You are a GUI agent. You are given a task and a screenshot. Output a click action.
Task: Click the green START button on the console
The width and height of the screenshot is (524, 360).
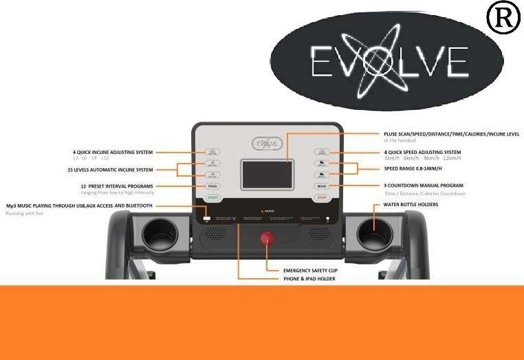pos(212,198)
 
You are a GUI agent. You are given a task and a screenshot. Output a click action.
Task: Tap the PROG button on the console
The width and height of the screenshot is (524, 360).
pos(212,185)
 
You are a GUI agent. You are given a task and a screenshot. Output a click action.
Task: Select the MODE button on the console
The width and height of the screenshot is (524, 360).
pos(321,185)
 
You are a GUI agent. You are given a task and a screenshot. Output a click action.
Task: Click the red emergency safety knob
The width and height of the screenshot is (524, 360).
pos(266,239)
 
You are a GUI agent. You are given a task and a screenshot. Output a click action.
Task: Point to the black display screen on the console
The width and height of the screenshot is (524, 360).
pos(267,175)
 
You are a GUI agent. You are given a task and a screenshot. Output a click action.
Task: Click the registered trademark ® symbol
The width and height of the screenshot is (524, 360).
pos(503,19)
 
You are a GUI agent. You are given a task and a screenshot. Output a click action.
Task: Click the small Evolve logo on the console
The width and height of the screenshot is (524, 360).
pos(268,144)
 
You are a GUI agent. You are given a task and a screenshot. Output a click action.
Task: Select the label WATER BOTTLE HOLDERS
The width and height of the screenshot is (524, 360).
pos(411,205)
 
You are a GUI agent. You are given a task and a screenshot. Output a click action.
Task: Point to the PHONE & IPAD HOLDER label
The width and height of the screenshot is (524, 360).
pos(310,279)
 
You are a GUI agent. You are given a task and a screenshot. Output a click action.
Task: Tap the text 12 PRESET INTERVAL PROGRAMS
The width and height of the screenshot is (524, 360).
pos(116,185)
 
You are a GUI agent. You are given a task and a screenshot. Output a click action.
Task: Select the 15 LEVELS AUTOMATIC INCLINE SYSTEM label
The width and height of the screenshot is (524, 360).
pos(110,169)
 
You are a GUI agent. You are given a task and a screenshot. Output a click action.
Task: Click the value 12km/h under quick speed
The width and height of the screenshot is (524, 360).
pos(452,159)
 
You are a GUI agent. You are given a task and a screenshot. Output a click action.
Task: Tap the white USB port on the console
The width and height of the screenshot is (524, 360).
pos(207,219)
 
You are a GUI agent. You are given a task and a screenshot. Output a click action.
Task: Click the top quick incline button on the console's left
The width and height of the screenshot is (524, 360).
pos(212,152)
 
